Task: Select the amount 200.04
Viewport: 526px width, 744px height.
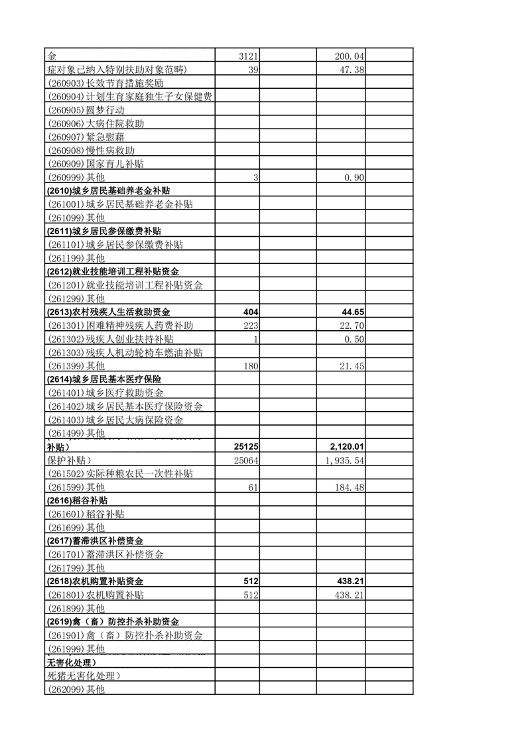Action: tap(350, 57)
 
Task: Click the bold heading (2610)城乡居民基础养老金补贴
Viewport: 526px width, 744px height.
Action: tap(113, 191)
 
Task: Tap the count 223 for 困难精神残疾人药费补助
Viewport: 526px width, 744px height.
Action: tap(250, 325)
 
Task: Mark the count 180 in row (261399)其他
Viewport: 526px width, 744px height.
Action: tap(250, 365)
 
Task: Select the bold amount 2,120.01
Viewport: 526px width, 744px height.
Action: tap(346, 447)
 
